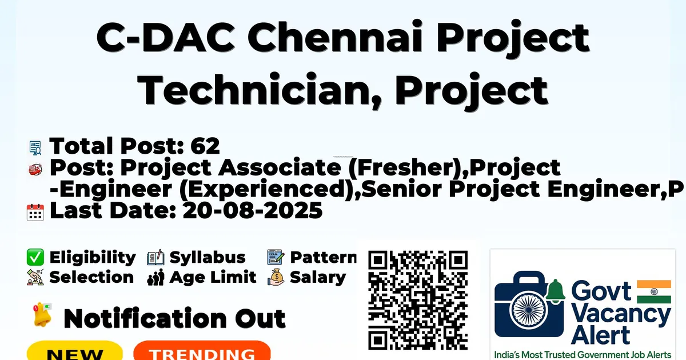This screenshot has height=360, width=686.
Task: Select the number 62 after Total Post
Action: point(205,146)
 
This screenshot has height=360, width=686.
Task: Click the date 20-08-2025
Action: point(253,211)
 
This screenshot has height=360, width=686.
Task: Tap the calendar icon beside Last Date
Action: point(35,212)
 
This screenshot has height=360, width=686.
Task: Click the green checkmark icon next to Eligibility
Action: point(35,257)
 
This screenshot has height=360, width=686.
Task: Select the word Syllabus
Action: point(208,257)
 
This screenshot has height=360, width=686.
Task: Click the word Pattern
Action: point(324,257)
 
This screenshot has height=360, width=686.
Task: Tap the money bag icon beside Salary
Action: point(276,277)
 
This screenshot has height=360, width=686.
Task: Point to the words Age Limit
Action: point(213,277)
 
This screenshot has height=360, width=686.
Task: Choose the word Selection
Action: point(91,277)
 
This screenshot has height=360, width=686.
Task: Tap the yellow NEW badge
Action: point(75,351)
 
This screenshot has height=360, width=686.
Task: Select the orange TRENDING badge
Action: point(202,351)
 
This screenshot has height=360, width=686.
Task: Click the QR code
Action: point(418,300)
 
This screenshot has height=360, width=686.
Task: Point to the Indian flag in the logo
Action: point(654,292)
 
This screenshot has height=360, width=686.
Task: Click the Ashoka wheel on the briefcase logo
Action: point(529,310)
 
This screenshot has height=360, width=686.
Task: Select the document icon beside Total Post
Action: point(35,147)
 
